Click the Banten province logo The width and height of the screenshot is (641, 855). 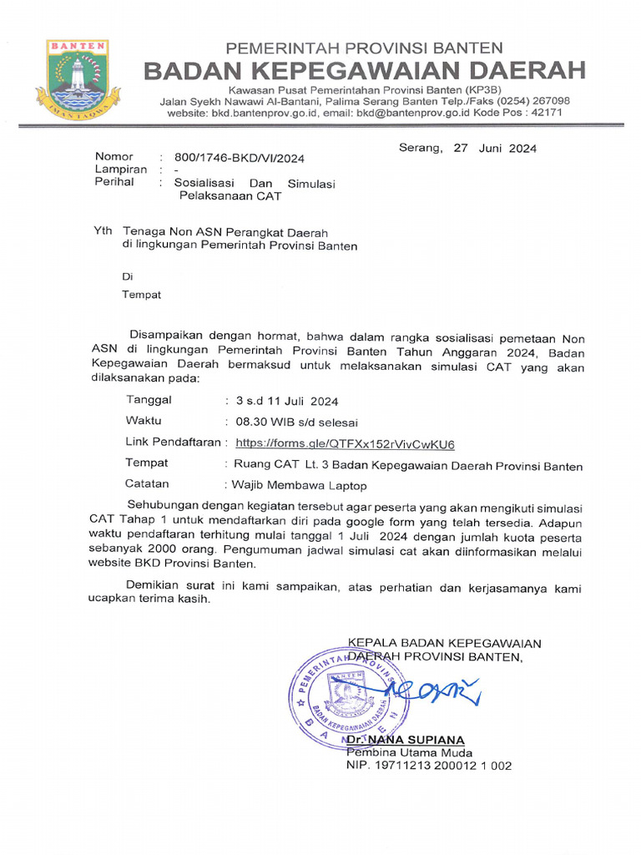pyautogui.click(x=78, y=79)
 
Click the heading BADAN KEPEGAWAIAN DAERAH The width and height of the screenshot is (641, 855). pyautogui.click(x=364, y=70)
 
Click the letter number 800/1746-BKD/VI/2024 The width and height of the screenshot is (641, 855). pyautogui.click(x=240, y=157)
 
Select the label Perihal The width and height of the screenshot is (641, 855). pyautogui.click(x=114, y=182)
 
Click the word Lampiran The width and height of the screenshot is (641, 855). pyautogui.click(x=121, y=169)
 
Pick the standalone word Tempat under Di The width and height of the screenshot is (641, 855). pyautogui.click(x=142, y=294)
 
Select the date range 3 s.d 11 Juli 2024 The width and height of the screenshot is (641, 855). pyautogui.click(x=287, y=401)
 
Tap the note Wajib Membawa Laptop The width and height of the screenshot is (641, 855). pyautogui.click(x=299, y=484)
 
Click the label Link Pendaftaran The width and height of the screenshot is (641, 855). pyautogui.click(x=174, y=443)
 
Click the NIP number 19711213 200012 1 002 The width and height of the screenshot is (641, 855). pyautogui.click(x=429, y=765)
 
